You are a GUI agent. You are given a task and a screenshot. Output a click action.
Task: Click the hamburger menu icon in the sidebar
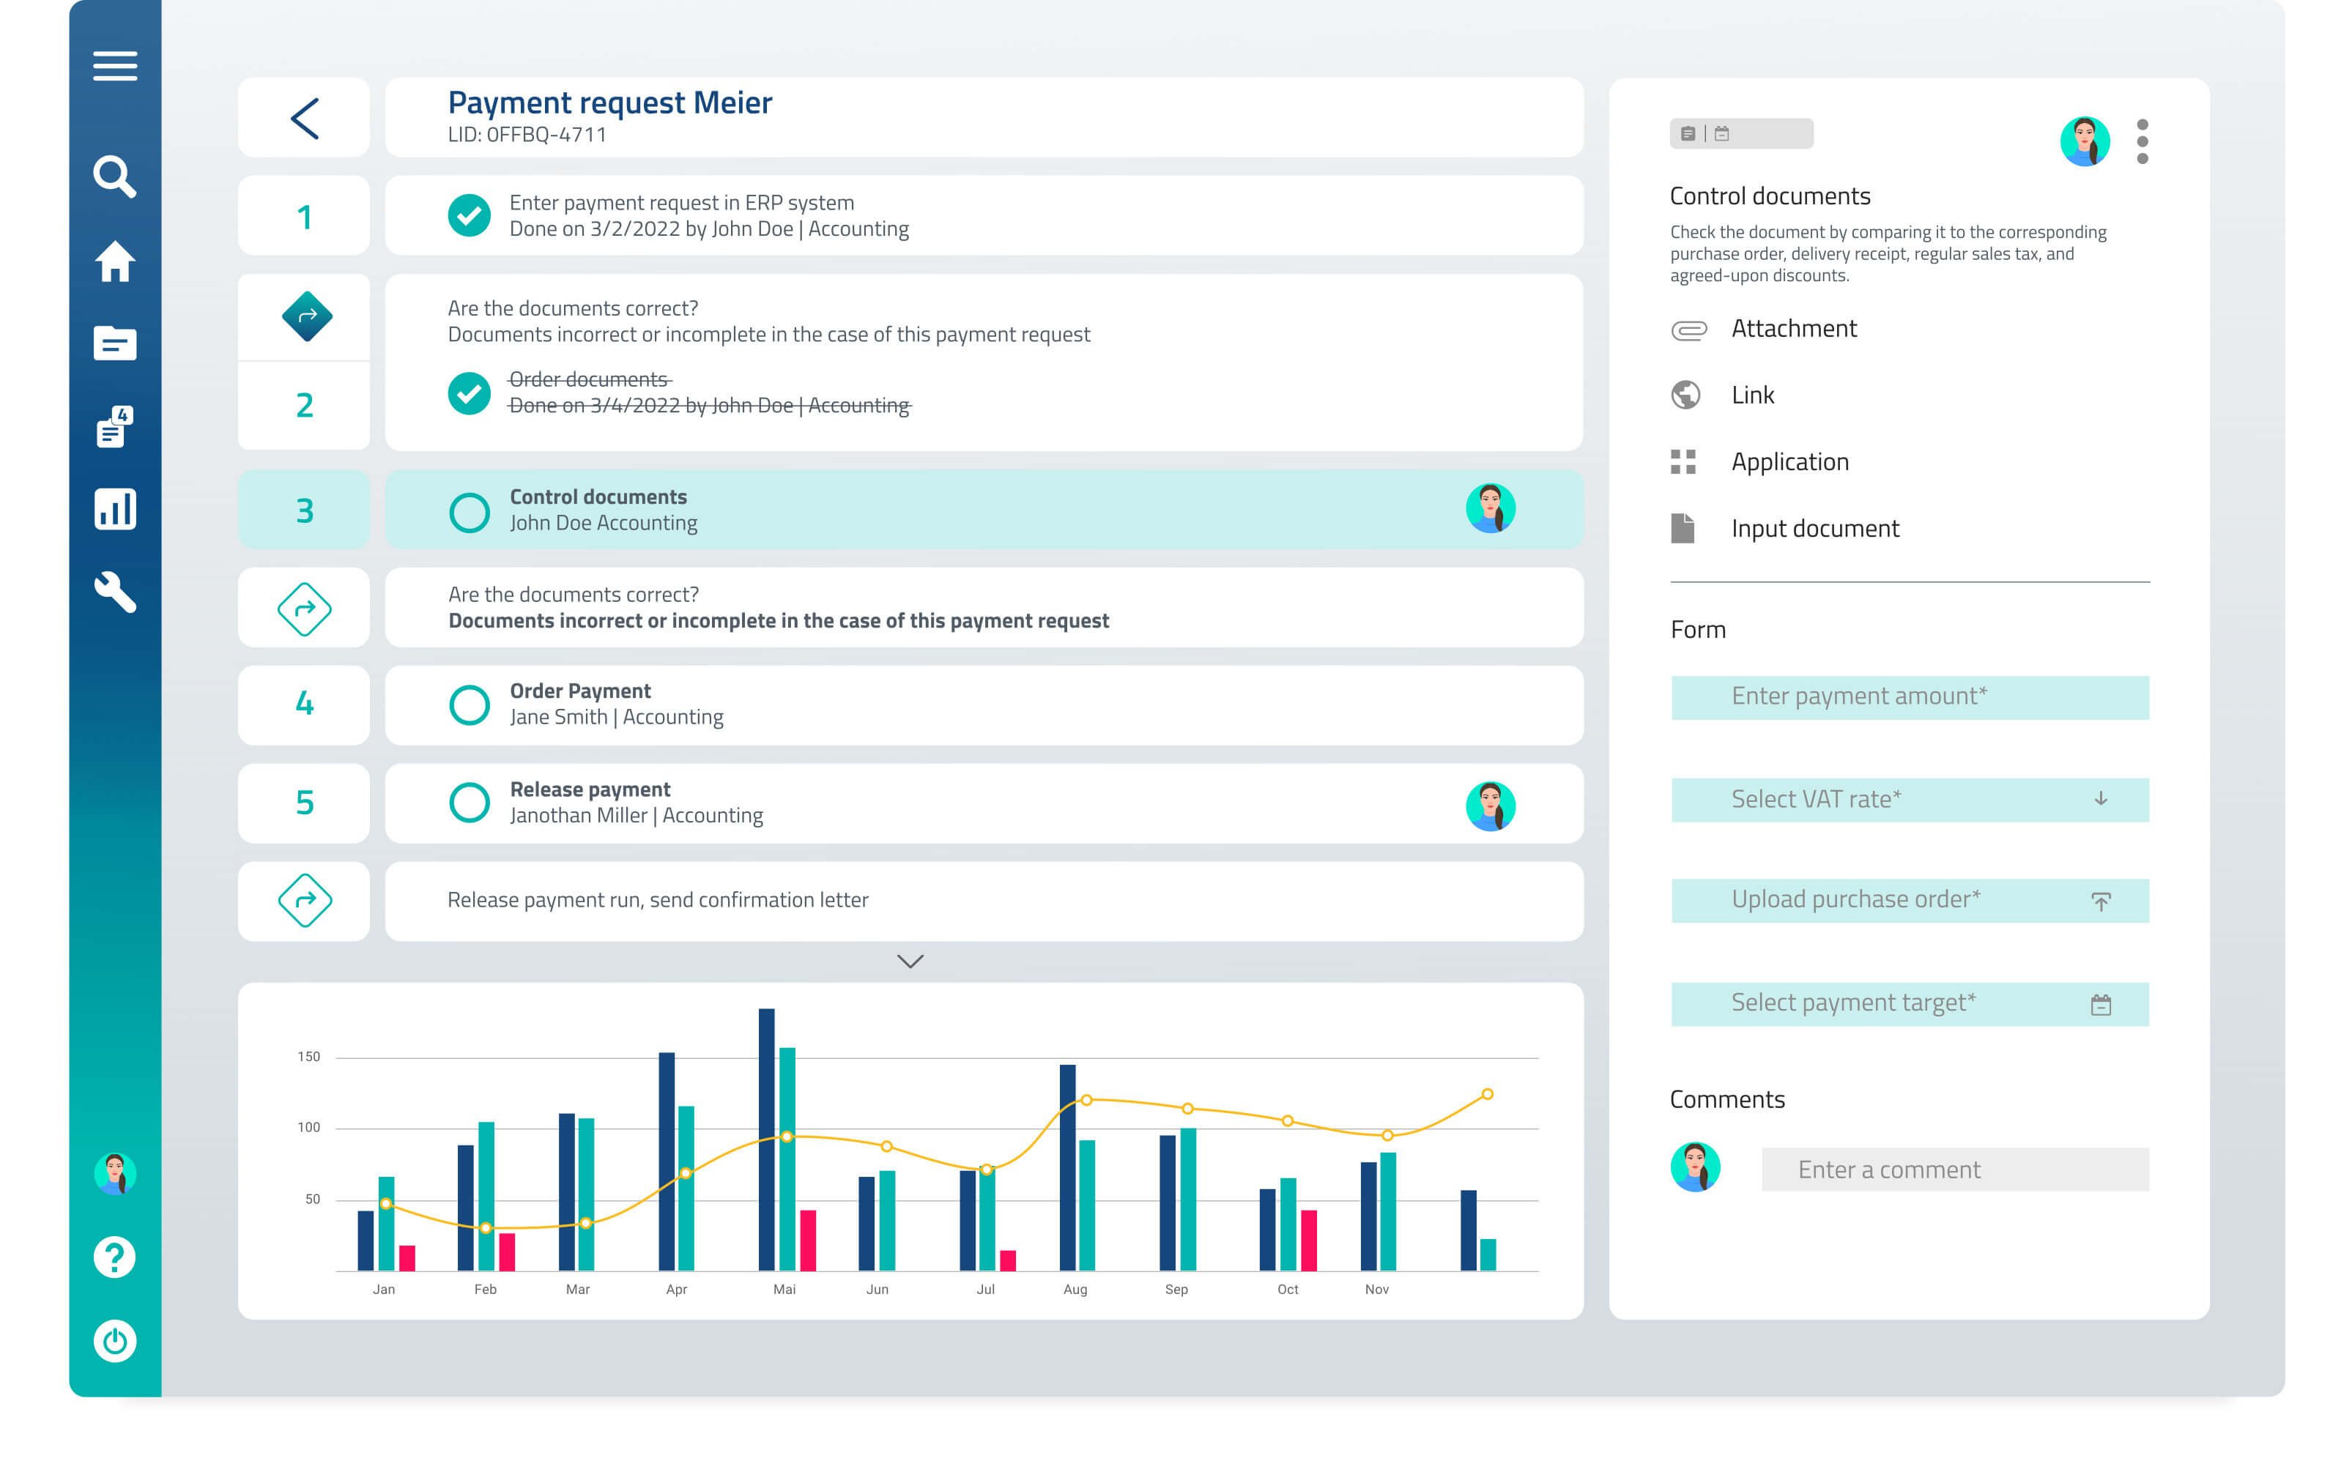pyautogui.click(x=115, y=66)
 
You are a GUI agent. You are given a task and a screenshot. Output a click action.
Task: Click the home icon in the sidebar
pyautogui.click(x=115, y=261)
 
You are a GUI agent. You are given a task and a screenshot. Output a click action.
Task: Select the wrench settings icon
pyautogui.click(x=115, y=592)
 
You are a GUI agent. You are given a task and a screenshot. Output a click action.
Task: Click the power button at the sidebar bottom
pyautogui.click(x=115, y=1341)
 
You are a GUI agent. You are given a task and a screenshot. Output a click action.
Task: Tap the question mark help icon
pyautogui.click(x=115, y=1257)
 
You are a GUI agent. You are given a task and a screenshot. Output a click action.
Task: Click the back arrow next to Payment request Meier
pyautogui.click(x=304, y=119)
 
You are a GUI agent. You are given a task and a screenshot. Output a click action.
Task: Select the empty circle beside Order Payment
pyautogui.click(x=470, y=704)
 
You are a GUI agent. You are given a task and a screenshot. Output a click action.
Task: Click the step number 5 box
pyautogui.click(x=304, y=803)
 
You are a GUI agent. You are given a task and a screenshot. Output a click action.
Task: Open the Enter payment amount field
pyautogui.click(x=1909, y=696)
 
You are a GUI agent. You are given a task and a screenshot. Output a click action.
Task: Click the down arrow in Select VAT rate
pyautogui.click(x=2100, y=799)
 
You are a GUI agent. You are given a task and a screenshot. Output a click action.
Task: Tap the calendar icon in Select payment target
pyautogui.click(x=2100, y=1005)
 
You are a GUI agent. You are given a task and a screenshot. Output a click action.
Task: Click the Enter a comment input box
pyautogui.click(x=1955, y=1169)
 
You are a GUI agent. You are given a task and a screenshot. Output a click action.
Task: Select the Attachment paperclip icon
pyautogui.click(x=1688, y=330)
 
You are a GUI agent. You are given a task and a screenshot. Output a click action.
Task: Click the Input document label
pyautogui.click(x=1815, y=529)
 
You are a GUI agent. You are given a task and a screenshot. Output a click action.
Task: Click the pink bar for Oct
pyautogui.click(x=1309, y=1240)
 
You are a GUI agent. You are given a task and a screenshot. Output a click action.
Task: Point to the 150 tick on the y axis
pyautogui.click(x=309, y=1056)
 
